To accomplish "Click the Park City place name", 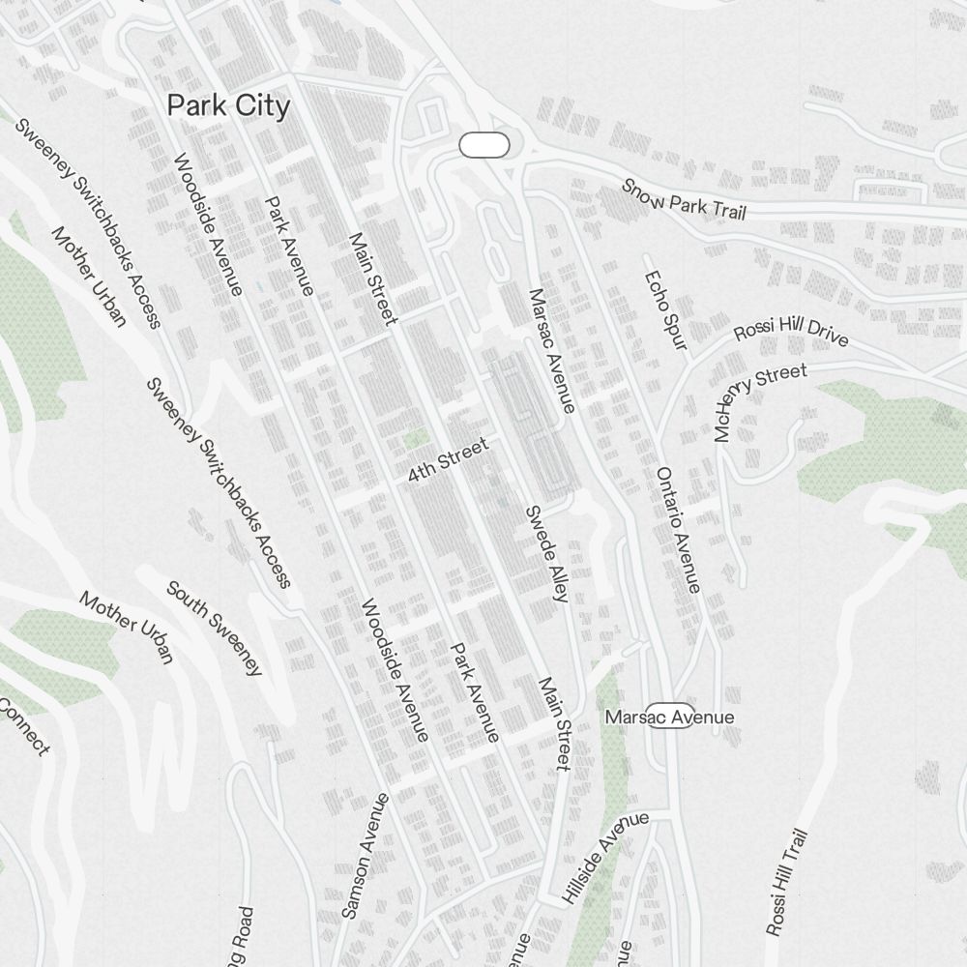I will [228, 105].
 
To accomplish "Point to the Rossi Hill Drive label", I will [791, 331].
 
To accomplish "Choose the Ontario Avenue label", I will [677, 530].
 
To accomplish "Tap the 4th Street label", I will [448, 460].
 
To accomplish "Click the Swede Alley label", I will [544, 553].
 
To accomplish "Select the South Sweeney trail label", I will [215, 628].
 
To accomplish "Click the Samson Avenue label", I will [366, 856].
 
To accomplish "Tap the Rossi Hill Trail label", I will [786, 883].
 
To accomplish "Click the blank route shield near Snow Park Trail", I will [483, 146].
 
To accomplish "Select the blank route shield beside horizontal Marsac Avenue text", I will [670, 717].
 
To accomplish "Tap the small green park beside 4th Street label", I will [417, 439].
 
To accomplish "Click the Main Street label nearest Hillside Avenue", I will [554, 723].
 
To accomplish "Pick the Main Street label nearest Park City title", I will [373, 278].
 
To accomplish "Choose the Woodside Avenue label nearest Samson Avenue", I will [395, 670].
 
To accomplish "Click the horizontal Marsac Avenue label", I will [669, 718].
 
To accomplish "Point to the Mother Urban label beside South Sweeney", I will [127, 628].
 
